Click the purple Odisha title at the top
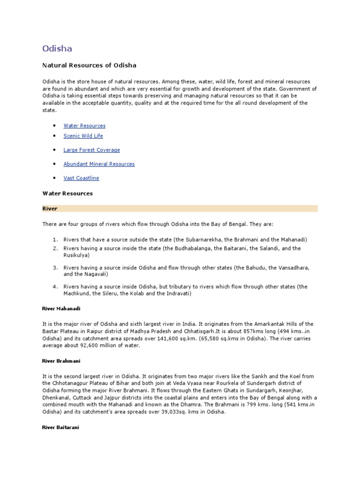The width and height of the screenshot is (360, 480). (57, 48)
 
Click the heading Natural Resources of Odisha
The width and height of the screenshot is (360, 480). (90, 65)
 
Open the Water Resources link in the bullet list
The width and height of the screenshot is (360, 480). (84, 126)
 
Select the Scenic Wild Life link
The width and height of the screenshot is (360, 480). (83, 136)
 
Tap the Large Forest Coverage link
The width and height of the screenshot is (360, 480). (91, 150)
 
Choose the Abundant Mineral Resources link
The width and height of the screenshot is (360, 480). (99, 164)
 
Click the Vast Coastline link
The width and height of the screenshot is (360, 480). (81, 178)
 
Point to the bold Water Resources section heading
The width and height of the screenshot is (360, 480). (67, 193)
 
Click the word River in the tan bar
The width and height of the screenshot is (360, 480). (50, 208)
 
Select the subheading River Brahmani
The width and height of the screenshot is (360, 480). (61, 361)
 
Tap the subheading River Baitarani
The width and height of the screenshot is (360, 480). (61, 428)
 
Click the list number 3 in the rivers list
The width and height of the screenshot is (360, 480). (54, 267)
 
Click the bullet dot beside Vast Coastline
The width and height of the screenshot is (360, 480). (54, 178)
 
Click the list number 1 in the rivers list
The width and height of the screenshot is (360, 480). (54, 240)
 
